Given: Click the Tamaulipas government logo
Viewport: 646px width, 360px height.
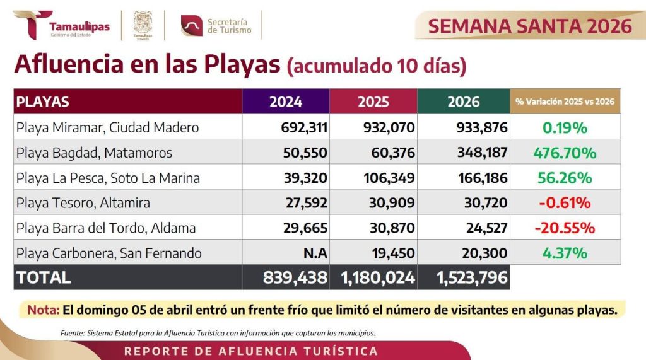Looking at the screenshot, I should tap(61, 25).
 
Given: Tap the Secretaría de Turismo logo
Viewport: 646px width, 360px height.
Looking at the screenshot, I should tap(216, 26).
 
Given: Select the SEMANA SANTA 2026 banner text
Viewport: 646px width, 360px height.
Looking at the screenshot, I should tap(530, 26).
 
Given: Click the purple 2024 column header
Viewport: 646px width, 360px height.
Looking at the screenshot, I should tap(286, 102).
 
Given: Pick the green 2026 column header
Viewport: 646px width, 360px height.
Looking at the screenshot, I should tap(464, 102).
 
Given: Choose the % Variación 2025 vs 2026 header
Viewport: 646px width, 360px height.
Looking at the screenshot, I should tap(565, 102).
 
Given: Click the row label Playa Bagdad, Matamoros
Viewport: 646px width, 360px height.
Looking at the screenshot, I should tap(94, 153).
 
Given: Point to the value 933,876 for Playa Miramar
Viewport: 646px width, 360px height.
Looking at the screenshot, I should tap(481, 127).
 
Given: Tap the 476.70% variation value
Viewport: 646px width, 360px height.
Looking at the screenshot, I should tap(565, 153).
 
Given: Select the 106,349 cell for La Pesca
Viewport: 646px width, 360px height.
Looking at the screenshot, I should tap(389, 178).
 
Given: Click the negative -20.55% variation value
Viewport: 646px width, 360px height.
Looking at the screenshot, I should tap(565, 228).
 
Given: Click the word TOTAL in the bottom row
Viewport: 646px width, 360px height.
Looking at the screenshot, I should tap(44, 277).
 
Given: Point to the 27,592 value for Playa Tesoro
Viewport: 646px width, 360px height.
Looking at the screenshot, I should tap(303, 203).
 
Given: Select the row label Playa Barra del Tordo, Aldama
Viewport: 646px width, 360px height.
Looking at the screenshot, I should tap(106, 228).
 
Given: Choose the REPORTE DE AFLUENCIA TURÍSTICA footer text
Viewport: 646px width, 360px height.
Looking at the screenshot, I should tap(251, 351).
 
